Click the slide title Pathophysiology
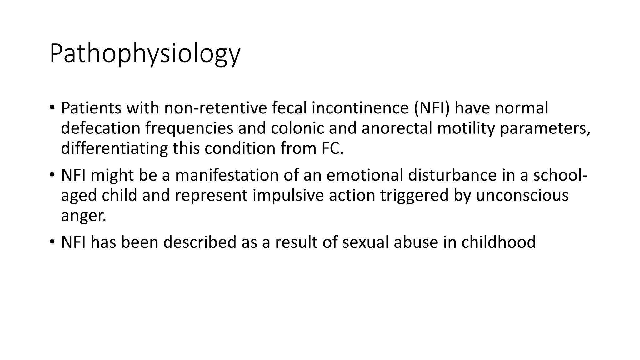[145, 54]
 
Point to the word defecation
[101, 128]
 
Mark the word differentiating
[114, 148]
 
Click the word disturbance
[452, 175]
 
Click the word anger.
[83, 216]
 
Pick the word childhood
[498, 242]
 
